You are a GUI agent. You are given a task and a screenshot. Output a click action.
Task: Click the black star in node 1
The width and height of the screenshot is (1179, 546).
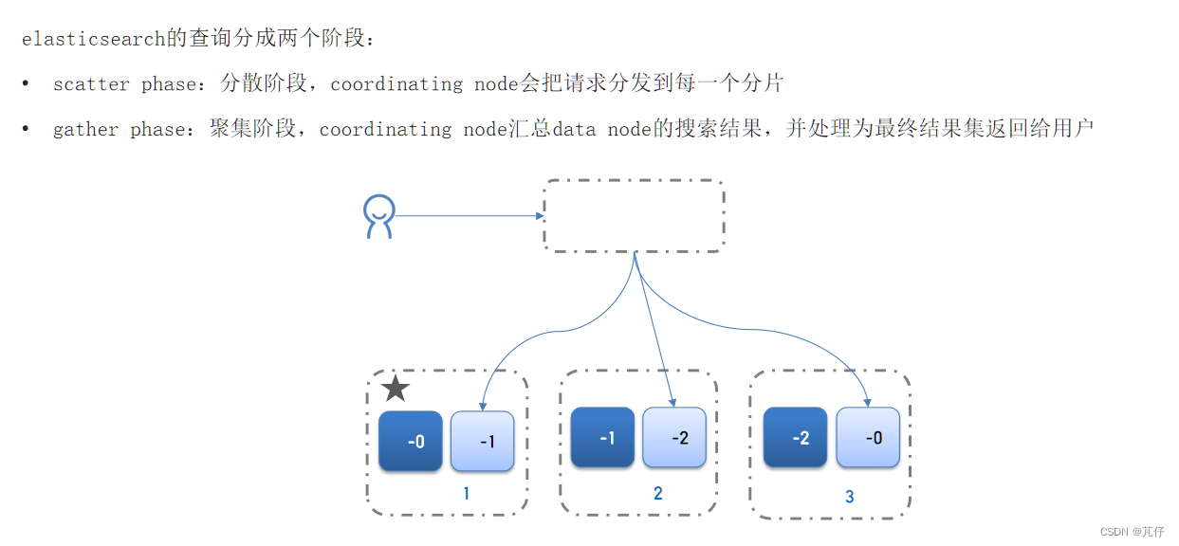396,389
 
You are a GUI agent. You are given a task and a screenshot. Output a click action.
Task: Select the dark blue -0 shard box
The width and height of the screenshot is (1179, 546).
411,441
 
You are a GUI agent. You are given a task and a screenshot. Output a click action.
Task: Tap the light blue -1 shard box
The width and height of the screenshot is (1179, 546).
482,441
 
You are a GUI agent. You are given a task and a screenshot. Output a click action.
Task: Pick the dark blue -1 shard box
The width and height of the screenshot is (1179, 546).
602,437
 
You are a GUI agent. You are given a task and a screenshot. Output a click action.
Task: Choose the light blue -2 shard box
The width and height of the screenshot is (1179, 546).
674,437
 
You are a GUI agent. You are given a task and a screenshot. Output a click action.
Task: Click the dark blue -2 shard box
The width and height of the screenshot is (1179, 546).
795,437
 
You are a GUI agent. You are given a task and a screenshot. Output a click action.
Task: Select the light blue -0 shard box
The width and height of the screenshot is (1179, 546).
868,437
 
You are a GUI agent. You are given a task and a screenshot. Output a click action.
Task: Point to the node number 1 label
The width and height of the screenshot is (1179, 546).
467,494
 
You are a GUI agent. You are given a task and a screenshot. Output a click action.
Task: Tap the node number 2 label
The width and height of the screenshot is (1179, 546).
658,493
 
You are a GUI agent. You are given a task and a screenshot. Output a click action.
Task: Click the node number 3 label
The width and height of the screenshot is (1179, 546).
850,496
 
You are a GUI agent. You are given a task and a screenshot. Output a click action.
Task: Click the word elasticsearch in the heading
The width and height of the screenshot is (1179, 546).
94,39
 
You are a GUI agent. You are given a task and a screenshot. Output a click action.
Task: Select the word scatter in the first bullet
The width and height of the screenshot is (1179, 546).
91,84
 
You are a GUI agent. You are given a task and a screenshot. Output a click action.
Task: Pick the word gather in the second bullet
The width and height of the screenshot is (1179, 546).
85,130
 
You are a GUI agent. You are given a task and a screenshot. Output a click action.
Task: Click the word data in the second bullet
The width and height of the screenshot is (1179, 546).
574,129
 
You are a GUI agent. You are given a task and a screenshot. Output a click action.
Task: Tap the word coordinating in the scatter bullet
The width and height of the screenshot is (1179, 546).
396,84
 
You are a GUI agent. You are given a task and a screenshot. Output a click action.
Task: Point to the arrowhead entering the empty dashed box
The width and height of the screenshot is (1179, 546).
540,216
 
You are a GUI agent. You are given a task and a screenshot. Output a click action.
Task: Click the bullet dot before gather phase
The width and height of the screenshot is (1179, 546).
26,128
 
